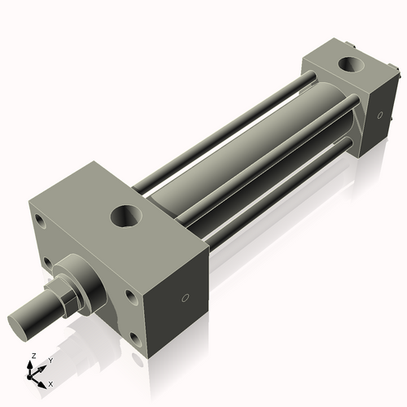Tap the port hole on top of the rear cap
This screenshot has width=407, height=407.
[x=353, y=63]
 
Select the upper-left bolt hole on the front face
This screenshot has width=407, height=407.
[x=38, y=221]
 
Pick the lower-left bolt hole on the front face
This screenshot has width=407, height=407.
[x=50, y=263]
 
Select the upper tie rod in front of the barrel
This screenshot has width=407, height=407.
[x=269, y=155]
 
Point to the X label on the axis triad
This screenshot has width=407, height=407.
[x=51, y=383]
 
